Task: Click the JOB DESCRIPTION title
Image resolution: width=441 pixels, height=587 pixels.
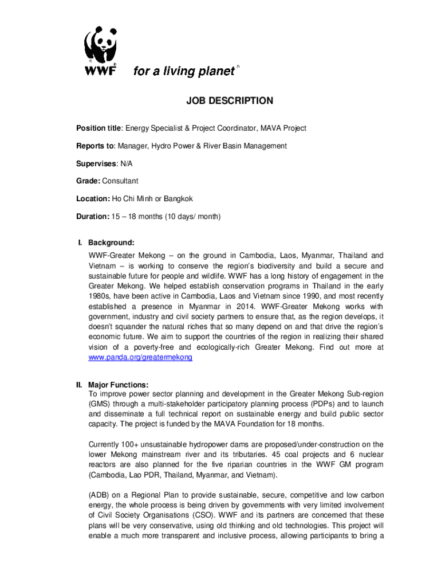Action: click(230, 101)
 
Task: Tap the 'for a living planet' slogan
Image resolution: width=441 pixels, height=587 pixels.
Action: click(184, 71)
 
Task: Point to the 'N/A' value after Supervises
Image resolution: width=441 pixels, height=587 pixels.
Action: click(127, 164)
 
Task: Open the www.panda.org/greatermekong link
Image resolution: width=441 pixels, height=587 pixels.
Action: click(140, 357)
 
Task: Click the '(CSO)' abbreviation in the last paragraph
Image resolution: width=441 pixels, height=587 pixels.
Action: click(181, 515)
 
